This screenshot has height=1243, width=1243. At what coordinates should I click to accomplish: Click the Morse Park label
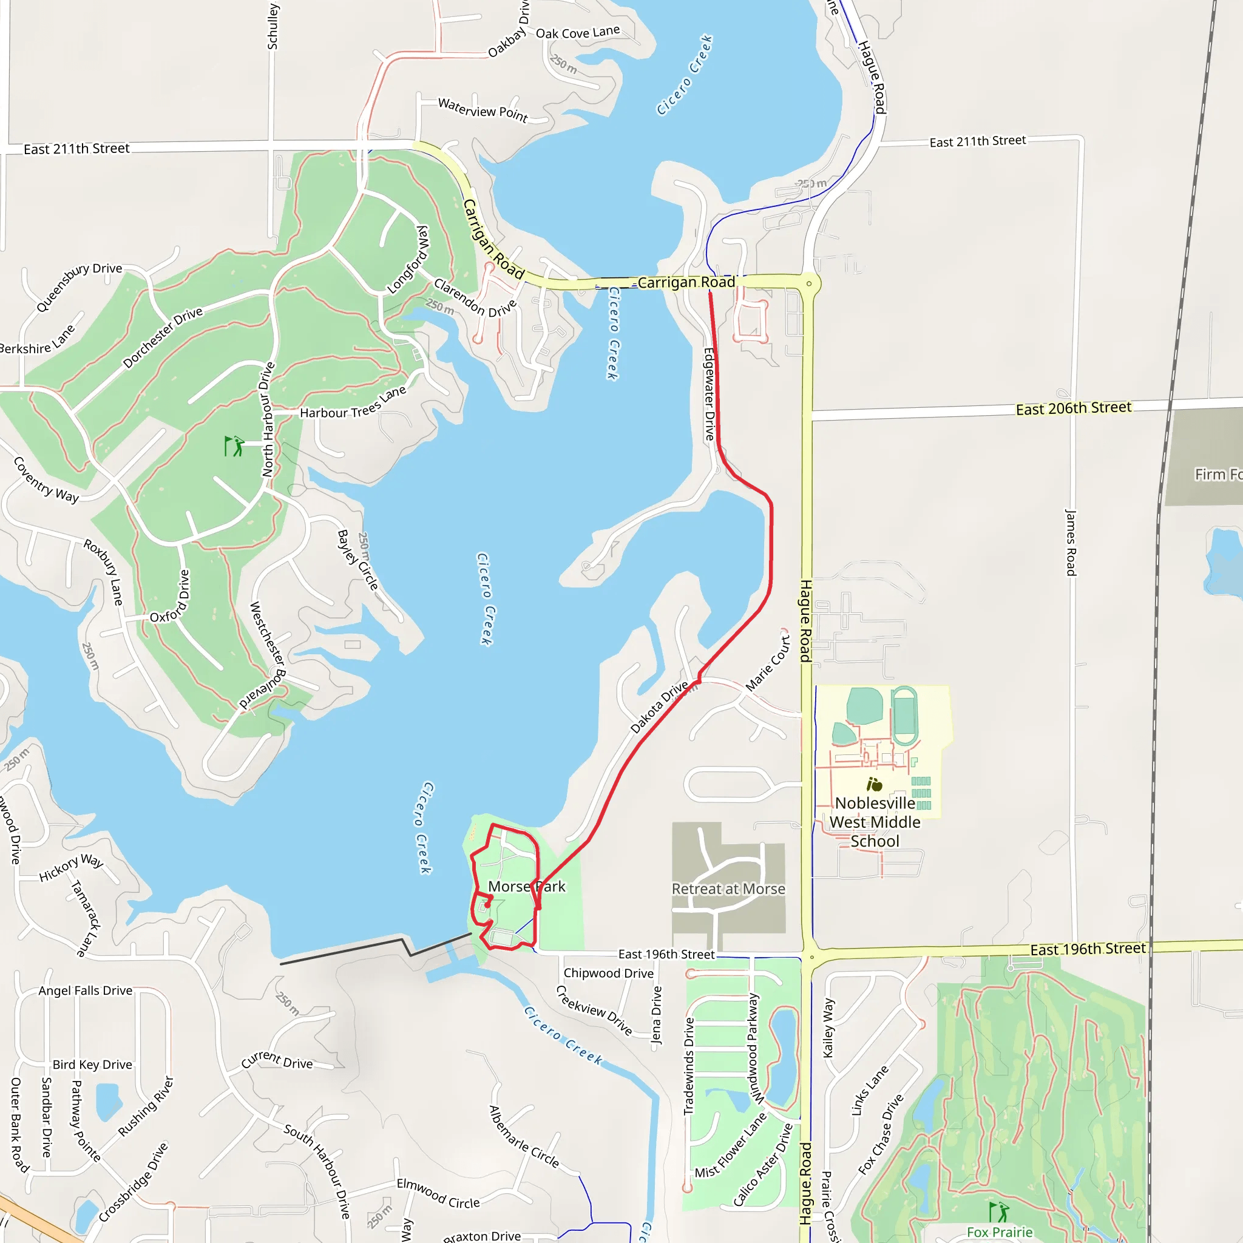(526, 887)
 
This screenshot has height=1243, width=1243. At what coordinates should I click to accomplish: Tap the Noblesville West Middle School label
(875, 822)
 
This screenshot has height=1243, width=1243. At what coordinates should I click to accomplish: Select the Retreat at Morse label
(728, 889)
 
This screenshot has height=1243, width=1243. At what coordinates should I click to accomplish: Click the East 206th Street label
(1073, 408)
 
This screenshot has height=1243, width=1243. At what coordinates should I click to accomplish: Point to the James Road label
(1071, 543)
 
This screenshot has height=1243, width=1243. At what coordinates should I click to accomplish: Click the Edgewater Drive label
(709, 394)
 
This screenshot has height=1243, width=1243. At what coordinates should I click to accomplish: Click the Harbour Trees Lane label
(353, 404)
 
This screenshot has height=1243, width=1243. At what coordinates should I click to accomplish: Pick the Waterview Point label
(483, 110)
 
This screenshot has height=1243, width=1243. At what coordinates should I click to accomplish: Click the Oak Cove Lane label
(578, 32)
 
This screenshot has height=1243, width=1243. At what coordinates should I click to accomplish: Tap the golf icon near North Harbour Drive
(234, 446)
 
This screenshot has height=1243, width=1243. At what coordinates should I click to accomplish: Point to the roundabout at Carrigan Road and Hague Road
(808, 283)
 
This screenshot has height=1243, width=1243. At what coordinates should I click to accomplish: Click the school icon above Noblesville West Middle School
(875, 784)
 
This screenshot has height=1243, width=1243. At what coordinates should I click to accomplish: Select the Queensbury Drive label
(78, 286)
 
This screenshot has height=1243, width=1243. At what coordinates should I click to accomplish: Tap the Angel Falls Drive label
(86, 991)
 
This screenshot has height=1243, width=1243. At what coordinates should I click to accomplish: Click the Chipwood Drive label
(609, 974)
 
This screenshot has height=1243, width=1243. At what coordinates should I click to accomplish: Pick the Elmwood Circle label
(438, 1193)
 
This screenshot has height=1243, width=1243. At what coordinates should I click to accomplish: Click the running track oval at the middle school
(904, 715)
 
